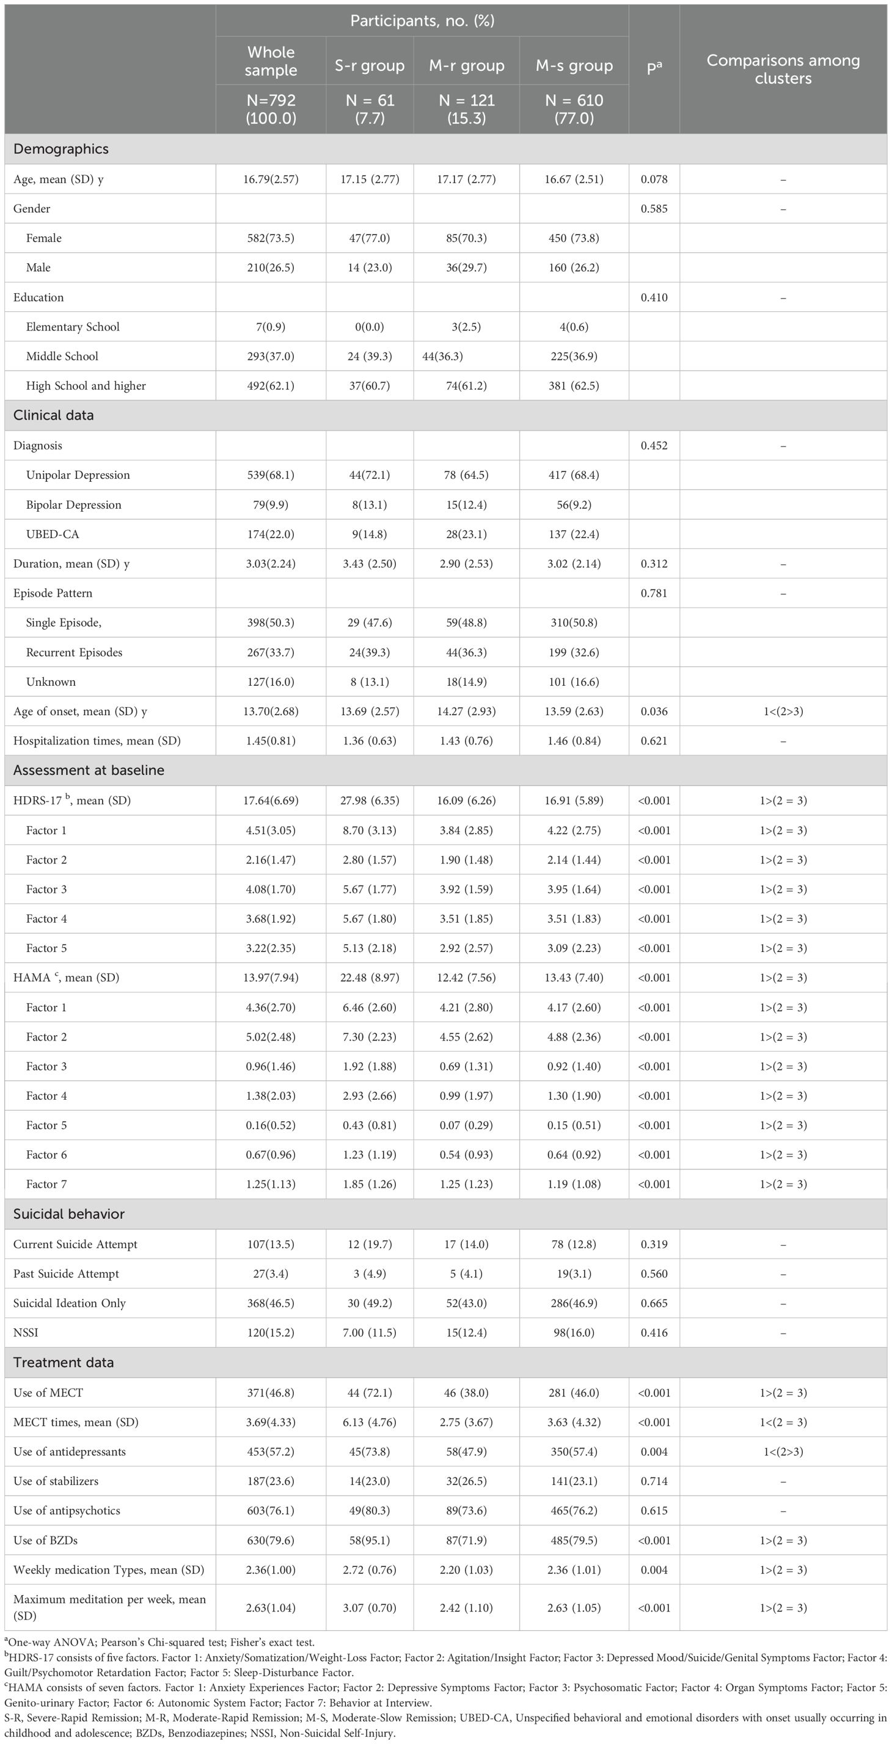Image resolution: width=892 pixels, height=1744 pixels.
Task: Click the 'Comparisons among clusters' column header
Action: point(783,69)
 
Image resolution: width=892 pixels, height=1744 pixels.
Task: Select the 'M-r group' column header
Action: point(467,66)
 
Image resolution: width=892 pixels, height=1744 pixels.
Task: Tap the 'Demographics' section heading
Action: point(61,149)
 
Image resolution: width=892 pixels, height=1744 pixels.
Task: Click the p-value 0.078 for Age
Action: point(654,180)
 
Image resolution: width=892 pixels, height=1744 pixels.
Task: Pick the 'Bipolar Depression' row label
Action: point(74,504)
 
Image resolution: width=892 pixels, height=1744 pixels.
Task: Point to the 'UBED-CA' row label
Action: point(53,534)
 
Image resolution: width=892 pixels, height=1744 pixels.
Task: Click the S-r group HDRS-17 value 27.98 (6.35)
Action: point(369,800)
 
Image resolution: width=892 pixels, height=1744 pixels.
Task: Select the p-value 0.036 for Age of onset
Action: point(654,711)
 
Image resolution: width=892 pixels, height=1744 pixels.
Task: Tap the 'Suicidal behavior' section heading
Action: point(69,1214)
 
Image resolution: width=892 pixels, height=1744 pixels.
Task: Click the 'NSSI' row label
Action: point(26,1332)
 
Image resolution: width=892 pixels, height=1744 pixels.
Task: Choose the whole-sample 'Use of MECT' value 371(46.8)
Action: point(271,1393)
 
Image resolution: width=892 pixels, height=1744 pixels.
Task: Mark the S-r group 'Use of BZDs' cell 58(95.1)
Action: point(369,1540)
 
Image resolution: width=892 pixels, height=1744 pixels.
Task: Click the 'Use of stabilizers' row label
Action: point(56,1481)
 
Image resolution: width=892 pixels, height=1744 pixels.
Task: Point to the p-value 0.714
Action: point(654,1481)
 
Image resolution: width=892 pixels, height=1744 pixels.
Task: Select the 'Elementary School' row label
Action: point(73,327)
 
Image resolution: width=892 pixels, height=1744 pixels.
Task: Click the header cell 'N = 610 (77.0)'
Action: point(574,109)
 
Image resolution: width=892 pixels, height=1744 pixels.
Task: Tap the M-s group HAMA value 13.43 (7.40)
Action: point(574,978)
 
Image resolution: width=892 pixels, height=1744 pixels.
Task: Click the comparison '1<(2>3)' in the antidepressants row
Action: point(783,1452)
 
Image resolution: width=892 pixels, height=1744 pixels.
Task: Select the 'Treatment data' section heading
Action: point(64,1362)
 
